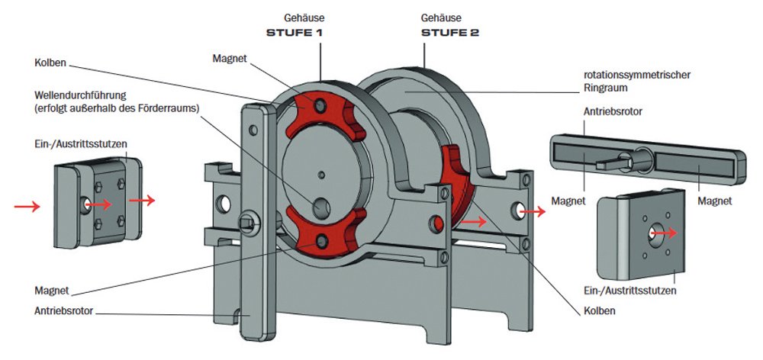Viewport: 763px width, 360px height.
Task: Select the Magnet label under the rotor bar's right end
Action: [x=715, y=201]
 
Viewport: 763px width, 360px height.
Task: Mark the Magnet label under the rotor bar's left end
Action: [x=571, y=201]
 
